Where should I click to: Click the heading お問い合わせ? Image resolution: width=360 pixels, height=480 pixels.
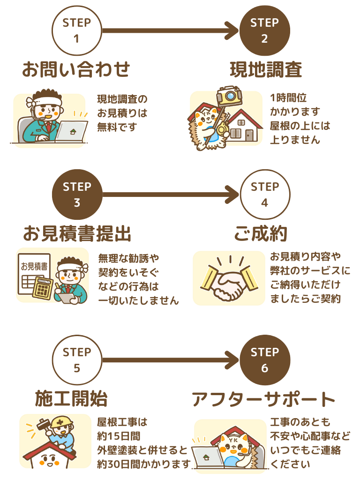tap(76, 69)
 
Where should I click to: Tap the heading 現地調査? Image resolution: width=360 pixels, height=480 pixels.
tap(265, 69)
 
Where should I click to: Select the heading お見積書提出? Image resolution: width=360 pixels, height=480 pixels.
tap(76, 233)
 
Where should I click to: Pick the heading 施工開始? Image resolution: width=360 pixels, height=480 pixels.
tap(71, 398)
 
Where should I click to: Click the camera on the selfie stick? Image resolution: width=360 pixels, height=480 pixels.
tap(228, 95)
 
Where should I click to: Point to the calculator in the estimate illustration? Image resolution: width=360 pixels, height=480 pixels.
tap(43, 287)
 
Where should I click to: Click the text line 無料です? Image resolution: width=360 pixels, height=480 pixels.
tap(117, 127)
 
